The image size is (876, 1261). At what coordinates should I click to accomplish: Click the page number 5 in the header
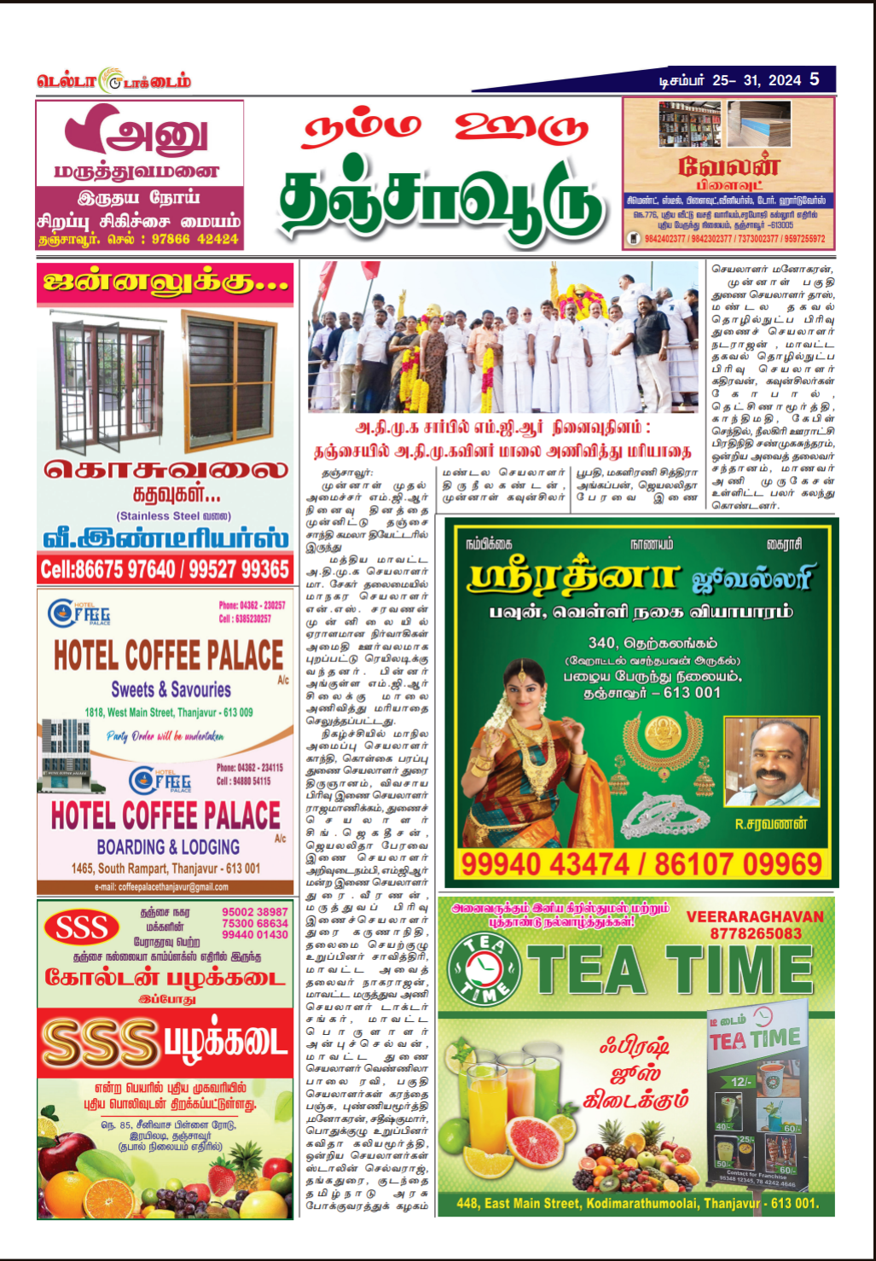click(815, 79)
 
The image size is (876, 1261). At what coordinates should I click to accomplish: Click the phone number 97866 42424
click(194, 240)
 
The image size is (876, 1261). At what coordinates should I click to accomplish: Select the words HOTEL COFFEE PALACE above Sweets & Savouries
click(168, 656)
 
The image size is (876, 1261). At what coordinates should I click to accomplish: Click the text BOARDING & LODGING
click(168, 846)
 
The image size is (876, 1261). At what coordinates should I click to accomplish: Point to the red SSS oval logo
click(81, 928)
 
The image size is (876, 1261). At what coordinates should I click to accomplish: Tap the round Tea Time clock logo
click(484, 970)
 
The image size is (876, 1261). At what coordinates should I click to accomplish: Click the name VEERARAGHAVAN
click(755, 917)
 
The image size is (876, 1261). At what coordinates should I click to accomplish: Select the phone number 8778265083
click(755, 933)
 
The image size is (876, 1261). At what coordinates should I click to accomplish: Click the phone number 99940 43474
click(545, 864)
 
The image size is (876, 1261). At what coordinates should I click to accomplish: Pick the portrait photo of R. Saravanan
click(771, 763)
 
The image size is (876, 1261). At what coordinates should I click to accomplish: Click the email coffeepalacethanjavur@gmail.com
click(161, 887)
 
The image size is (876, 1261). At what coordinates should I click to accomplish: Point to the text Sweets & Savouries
click(171, 689)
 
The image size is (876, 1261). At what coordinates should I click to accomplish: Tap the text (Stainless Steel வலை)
click(173, 515)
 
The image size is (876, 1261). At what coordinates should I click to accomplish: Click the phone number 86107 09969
click(738, 864)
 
